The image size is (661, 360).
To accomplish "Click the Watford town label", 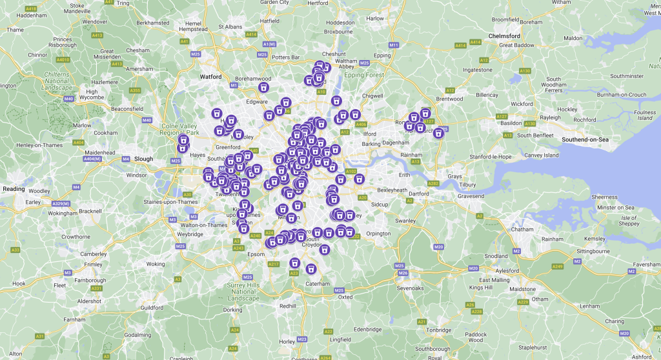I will [x=210, y=76].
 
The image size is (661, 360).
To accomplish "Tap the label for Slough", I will [x=143, y=159].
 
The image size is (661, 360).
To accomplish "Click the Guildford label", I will [x=152, y=308].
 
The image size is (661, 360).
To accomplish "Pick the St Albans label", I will [x=229, y=27].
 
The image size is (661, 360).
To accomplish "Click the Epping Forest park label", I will [x=364, y=75].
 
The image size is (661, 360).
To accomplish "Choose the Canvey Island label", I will [x=542, y=155].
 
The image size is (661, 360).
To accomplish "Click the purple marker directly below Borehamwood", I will [x=263, y=88].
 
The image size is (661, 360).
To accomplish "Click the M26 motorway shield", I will [x=403, y=273].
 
